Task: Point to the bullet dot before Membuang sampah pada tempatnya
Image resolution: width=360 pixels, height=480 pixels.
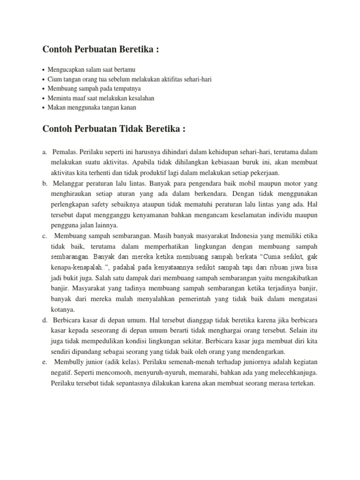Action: coord(44,89)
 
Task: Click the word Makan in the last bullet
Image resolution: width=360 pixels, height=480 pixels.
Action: coord(56,108)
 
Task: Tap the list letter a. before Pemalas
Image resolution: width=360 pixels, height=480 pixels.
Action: coord(45,152)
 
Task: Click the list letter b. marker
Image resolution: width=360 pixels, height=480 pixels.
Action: coord(45,182)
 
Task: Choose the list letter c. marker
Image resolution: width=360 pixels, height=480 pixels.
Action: coord(45,236)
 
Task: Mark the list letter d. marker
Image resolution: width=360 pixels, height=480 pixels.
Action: coord(45,321)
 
